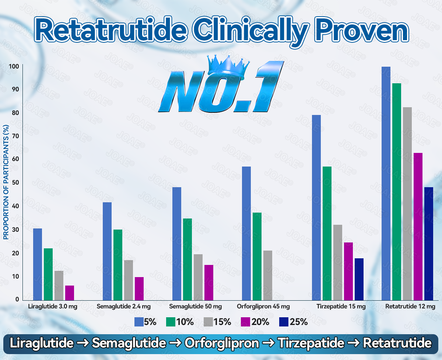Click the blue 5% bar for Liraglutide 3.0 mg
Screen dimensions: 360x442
coord(38,264)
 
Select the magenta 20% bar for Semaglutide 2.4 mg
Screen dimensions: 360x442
coord(139,289)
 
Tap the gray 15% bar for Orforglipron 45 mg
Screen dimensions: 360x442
coord(268,275)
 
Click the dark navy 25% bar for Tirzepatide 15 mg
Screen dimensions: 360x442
coord(359,279)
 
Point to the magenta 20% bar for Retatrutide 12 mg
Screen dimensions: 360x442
coord(418,226)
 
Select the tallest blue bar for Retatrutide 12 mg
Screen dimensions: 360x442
coord(386,183)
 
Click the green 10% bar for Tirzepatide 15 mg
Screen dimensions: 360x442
coord(327,233)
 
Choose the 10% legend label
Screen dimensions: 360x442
coord(185,322)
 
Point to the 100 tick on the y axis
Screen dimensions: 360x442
coord(14,66)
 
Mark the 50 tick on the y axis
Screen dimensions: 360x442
coord(14,183)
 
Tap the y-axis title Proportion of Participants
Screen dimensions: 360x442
coord(6,182)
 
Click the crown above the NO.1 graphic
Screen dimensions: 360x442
coord(226,65)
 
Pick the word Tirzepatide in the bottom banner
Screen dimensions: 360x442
coord(311,343)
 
